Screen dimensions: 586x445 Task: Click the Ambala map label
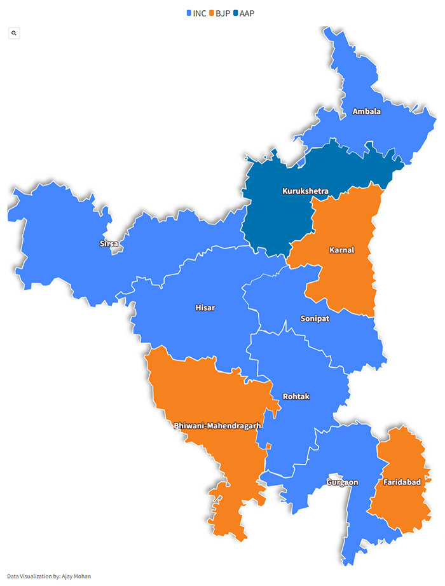tap(367, 112)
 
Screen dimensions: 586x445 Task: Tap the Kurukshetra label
tap(305, 191)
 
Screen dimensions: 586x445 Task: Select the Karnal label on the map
tap(341, 250)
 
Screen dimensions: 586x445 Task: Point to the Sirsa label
tap(109, 244)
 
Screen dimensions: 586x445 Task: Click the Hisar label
tap(205, 308)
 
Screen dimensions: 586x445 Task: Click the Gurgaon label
tap(342, 482)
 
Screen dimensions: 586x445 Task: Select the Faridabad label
tap(402, 482)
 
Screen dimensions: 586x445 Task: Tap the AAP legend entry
tap(247, 13)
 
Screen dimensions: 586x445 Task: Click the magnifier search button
tap(14, 32)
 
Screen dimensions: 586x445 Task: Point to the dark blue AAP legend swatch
tap(235, 13)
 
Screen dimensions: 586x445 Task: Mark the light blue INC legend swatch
tap(189, 13)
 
